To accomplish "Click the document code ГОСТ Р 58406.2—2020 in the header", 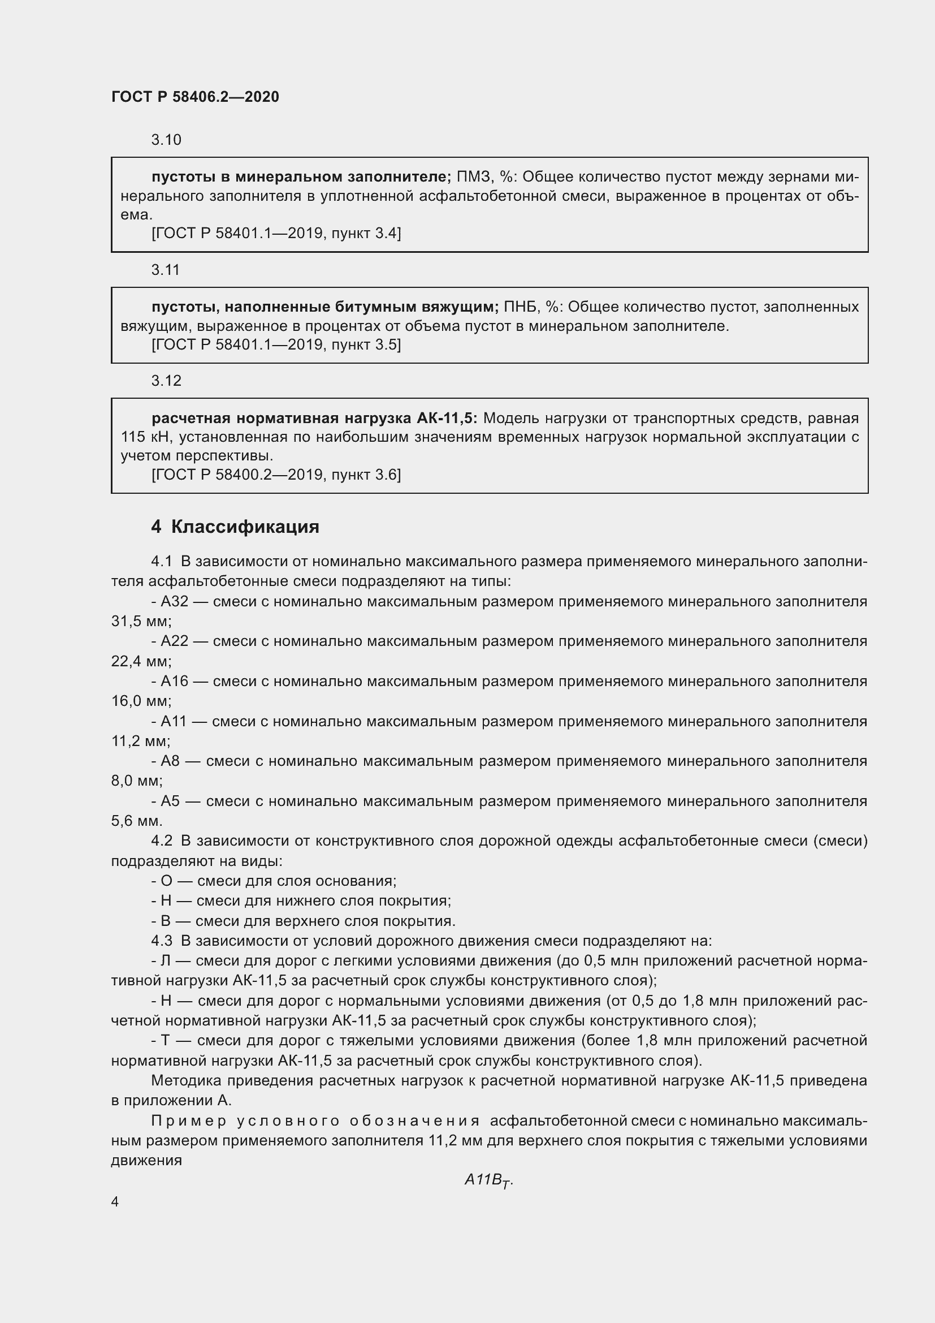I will pyautogui.click(x=195, y=97).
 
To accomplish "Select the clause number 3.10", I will pyautogui.click(x=166, y=140).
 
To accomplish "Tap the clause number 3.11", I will pyautogui.click(x=165, y=270).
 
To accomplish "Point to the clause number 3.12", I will pyautogui.click(x=166, y=381).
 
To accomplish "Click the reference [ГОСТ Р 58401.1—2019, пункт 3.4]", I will pyautogui.click(x=276, y=234).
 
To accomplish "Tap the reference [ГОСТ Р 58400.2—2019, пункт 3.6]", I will pyautogui.click(x=276, y=475).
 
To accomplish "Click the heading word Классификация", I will pyautogui.click(x=245, y=527).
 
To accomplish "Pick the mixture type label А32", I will pyautogui.click(x=175, y=602).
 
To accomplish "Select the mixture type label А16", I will pyautogui.click(x=175, y=682).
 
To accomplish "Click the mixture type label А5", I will pyautogui.click(x=170, y=801).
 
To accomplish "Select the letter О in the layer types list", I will pyautogui.click(x=166, y=881).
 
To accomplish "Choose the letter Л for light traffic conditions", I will pyautogui.click(x=166, y=960).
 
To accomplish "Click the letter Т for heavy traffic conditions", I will pyautogui.click(x=166, y=1041).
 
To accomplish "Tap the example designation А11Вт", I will pyautogui.click(x=488, y=1180).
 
